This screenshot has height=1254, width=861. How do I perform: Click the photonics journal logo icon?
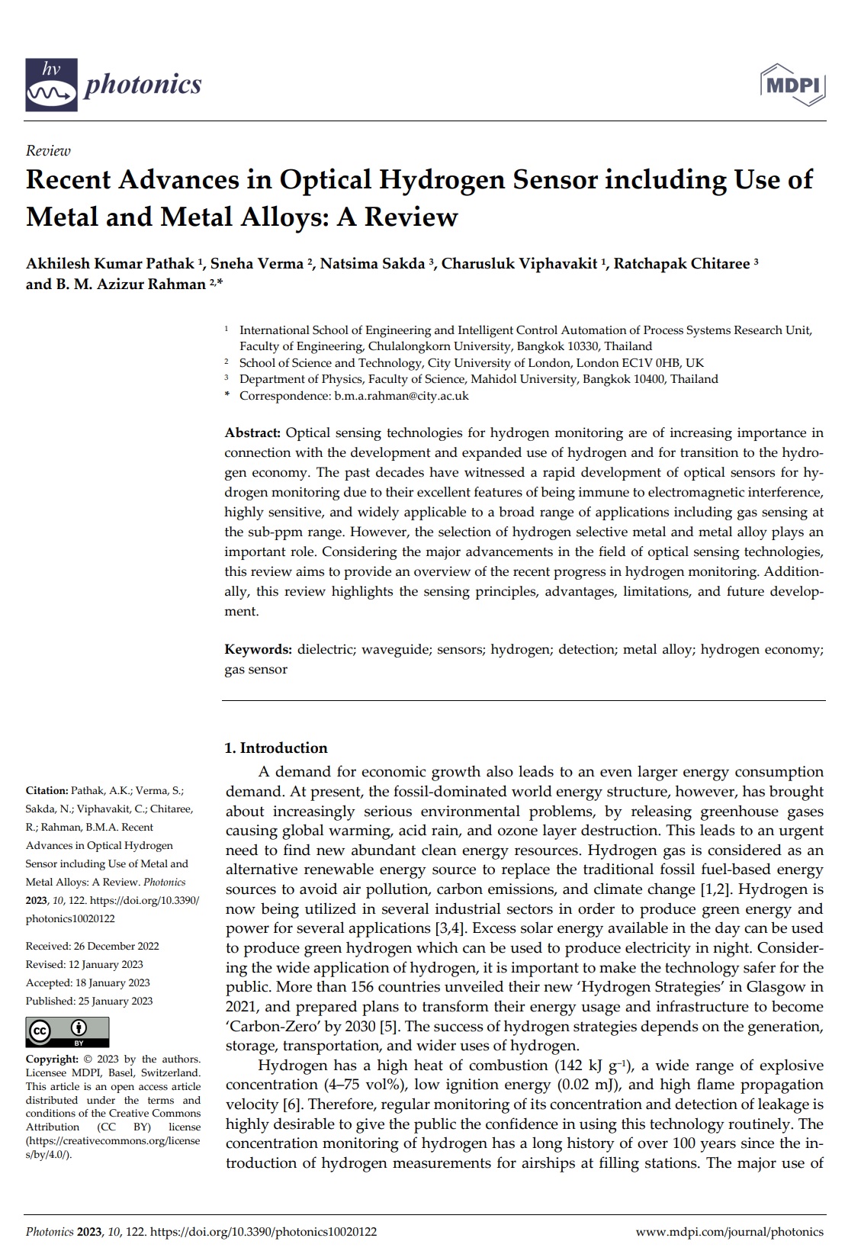(52, 84)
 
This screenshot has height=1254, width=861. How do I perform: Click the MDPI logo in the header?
(793, 85)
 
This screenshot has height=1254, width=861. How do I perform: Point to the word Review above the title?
(48, 151)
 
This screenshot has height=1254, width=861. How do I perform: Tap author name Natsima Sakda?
(373, 264)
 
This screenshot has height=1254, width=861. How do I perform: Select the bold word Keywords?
(258, 649)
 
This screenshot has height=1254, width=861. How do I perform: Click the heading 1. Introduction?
(276, 748)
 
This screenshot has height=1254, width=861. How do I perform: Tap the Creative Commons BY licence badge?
(67, 1032)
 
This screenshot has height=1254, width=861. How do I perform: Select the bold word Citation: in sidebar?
(47, 790)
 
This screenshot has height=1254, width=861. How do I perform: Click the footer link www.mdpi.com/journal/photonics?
(729, 1231)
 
